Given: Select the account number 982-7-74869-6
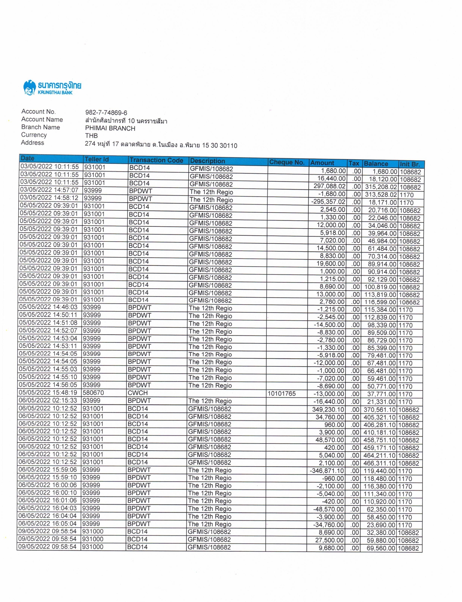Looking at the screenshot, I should tap(106, 113).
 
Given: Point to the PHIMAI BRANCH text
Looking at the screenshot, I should tap(110, 128).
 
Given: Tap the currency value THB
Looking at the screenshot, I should tap(91, 136).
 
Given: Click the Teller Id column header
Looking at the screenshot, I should tap(97, 159).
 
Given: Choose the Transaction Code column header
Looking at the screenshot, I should tap(156, 160).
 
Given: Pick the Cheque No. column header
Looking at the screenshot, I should tap(287, 162).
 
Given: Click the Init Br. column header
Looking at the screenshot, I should tap(410, 164).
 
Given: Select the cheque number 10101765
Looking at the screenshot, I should tap(282, 394).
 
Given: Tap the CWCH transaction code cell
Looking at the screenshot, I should tap(138, 393).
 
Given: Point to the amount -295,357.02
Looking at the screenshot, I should tap(328, 202).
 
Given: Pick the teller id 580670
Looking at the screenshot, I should tap(93, 392).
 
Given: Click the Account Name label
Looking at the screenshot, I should tap(42, 119).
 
